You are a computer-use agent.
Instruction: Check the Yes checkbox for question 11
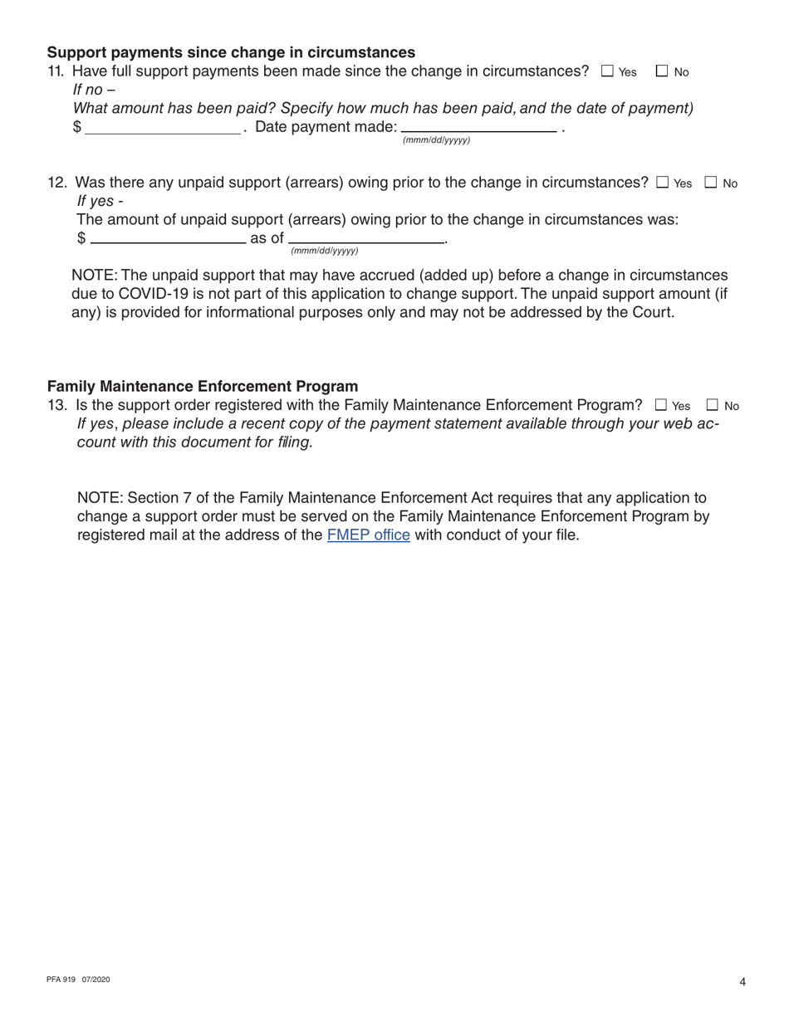[607, 72]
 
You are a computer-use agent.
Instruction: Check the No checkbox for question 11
[662, 72]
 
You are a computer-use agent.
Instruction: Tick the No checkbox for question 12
[711, 183]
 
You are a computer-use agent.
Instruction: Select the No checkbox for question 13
[712, 406]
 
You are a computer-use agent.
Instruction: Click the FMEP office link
[369, 535]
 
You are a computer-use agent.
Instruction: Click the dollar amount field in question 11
[163, 129]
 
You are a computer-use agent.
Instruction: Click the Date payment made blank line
[478, 129]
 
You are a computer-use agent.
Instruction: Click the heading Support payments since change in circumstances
[231, 53]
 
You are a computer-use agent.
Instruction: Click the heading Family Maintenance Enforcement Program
[203, 386]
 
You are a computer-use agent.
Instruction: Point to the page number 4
[742, 983]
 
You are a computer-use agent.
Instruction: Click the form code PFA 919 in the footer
[62, 980]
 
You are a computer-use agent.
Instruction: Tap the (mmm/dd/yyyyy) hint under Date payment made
[436, 140]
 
